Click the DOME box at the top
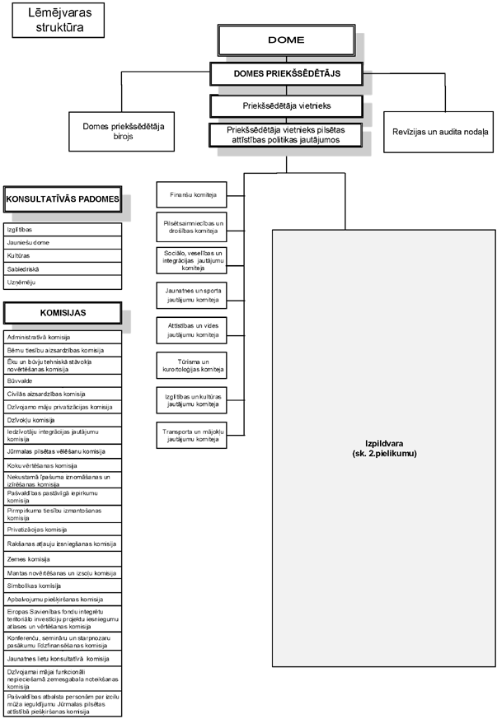tap(286, 40)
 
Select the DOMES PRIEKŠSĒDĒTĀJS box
tap(286, 74)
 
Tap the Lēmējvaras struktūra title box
tap(55, 20)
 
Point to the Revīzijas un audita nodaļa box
tap(440, 132)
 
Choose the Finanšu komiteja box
tap(190, 194)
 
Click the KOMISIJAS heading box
tap(63, 313)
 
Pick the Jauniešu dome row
tap(63, 242)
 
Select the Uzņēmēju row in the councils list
tap(63, 282)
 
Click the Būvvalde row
tap(63, 381)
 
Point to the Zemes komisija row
tap(63, 558)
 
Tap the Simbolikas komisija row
tap(63, 585)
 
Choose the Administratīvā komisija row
tap(63, 337)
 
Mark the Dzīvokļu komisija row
tap(63, 420)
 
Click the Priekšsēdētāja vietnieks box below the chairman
tap(286, 106)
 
